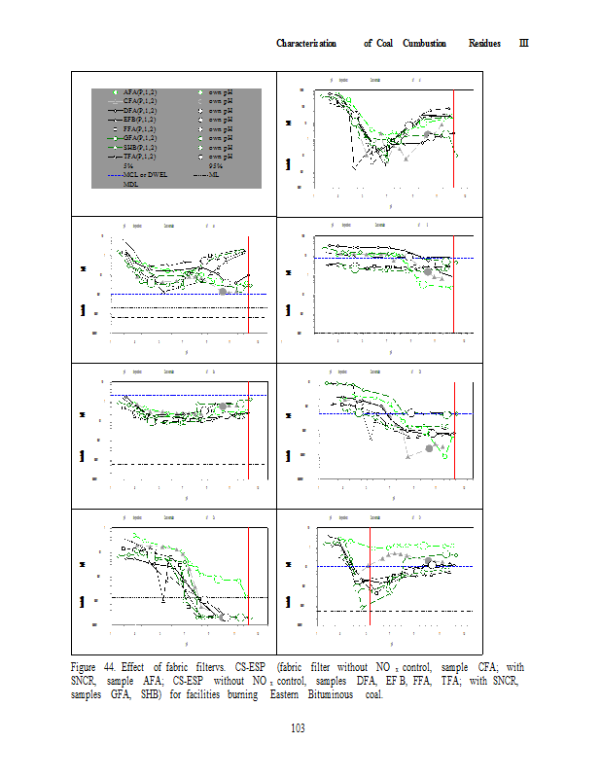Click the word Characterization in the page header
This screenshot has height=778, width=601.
pyautogui.click(x=306, y=43)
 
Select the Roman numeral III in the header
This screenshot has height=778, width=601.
pyautogui.click(x=522, y=43)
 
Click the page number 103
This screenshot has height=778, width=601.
pyautogui.click(x=300, y=729)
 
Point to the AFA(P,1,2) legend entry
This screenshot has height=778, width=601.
pyautogui.click(x=141, y=91)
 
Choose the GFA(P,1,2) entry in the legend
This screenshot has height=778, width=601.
pyautogui.click(x=141, y=138)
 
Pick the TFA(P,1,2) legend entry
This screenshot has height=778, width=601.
pyautogui.click(x=141, y=156)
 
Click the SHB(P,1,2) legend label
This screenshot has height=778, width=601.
pyautogui.click(x=141, y=147)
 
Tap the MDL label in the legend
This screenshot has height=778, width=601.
pyautogui.click(x=132, y=183)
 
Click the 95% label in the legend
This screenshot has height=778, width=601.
pyautogui.click(x=216, y=165)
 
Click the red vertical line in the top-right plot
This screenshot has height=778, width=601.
pyautogui.click(x=454, y=136)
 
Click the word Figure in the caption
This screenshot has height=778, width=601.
pyautogui.click(x=87, y=667)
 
